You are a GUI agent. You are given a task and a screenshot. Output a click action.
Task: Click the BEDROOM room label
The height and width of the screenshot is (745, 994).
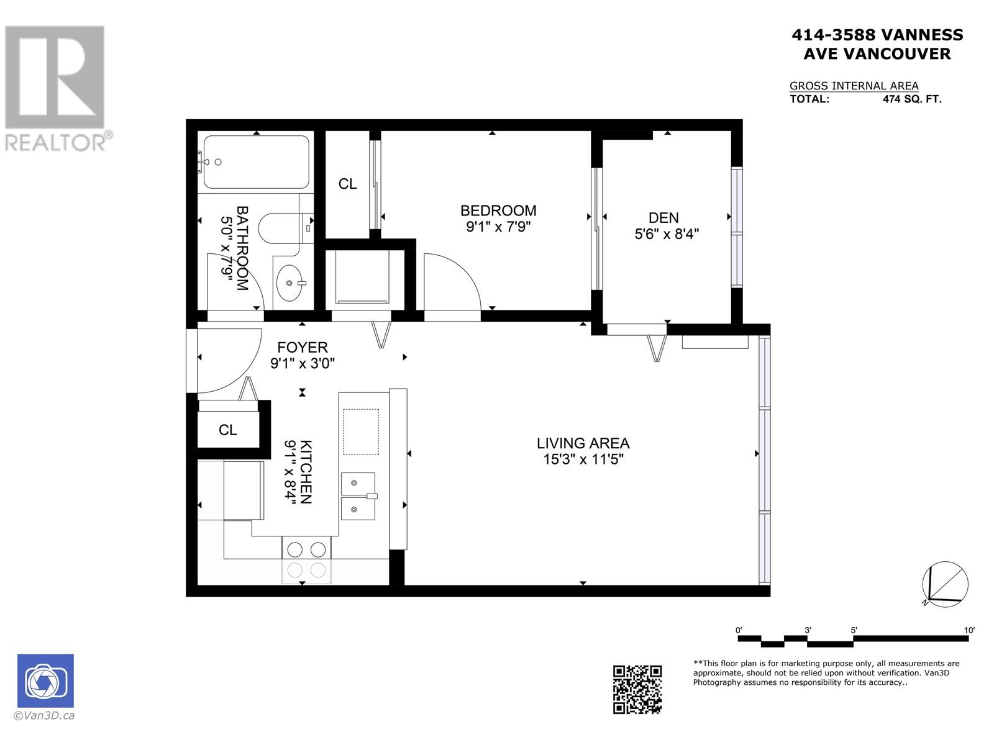(498, 210)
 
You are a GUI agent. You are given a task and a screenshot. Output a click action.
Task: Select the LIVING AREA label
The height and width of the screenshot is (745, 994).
(583, 443)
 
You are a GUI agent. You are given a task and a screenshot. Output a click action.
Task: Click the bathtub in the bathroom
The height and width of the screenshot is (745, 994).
(256, 162)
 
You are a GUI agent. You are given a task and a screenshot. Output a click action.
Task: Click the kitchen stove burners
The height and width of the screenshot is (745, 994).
(306, 549)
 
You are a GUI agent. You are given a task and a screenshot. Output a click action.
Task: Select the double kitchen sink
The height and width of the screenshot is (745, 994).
(358, 496)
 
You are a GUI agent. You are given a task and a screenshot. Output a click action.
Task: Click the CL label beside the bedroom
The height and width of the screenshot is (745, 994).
(347, 184)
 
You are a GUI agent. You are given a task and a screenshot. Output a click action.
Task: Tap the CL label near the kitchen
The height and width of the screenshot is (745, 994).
(228, 430)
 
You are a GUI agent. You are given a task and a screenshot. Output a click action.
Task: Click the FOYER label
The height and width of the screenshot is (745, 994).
(302, 347)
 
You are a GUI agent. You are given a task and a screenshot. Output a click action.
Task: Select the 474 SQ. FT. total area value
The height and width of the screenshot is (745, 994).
(911, 99)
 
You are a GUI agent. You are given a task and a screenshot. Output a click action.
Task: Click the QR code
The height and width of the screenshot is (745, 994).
(637, 689)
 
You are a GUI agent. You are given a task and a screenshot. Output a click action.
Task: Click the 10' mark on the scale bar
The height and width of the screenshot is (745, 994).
(969, 630)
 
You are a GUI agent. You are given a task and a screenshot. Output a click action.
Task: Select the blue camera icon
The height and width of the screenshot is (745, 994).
(45, 680)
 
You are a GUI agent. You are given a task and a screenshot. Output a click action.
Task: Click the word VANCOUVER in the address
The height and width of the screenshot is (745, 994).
(896, 54)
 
